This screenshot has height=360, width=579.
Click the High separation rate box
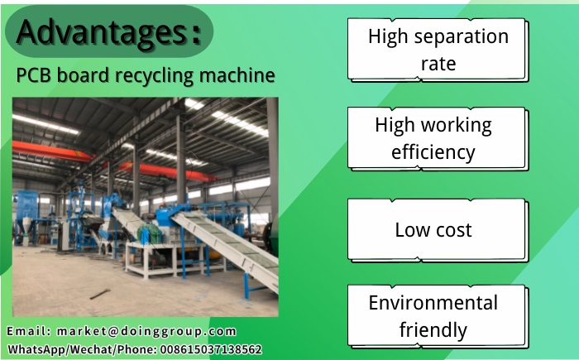point(438,49)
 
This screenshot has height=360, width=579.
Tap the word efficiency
point(433,152)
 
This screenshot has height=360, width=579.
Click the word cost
point(454,229)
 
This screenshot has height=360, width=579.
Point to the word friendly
point(433,330)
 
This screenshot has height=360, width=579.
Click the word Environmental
point(433,303)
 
